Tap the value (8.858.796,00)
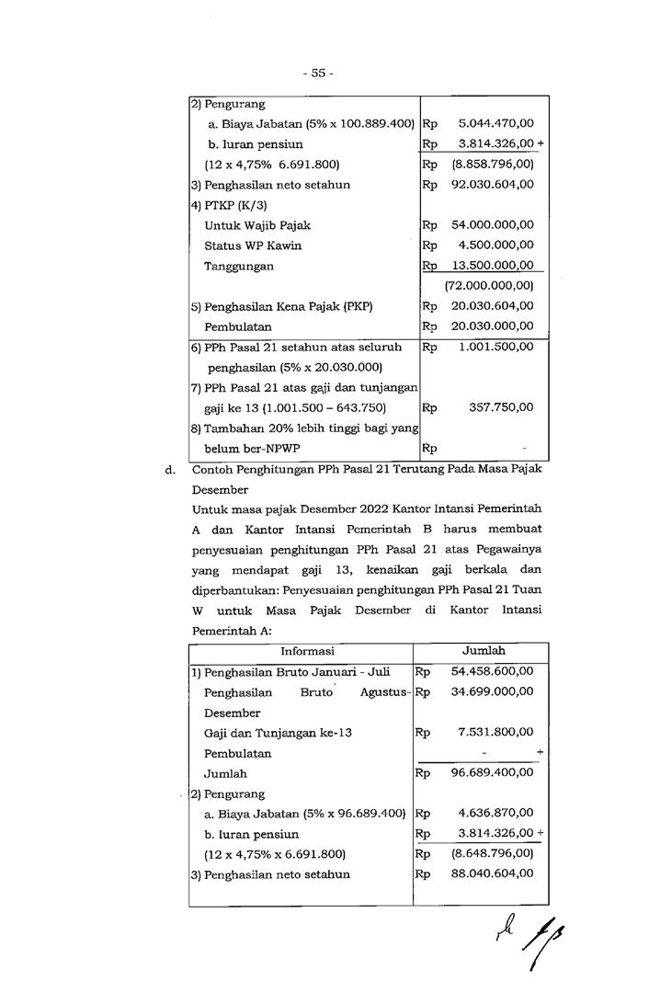(492, 165)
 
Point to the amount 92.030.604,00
(492, 185)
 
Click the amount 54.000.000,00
(492, 225)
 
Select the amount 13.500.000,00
(492, 266)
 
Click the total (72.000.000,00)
(489, 286)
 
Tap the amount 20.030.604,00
(492, 306)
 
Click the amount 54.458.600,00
(492, 671)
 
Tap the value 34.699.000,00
(492, 691)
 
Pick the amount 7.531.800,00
(495, 733)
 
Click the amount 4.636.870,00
(495, 814)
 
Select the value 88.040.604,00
(492, 874)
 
